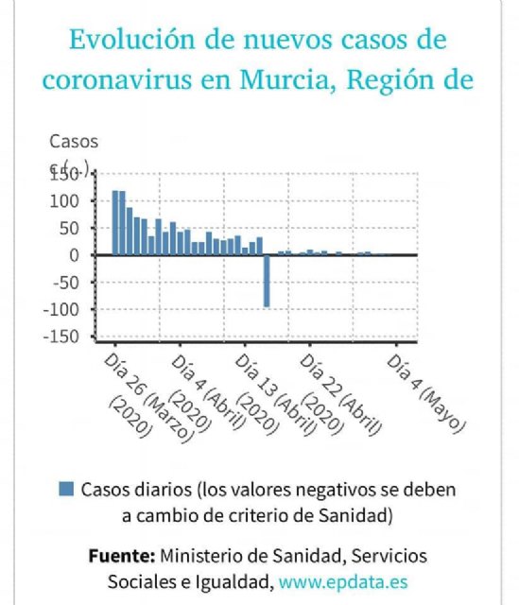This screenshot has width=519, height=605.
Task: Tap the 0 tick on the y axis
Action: pos(81,255)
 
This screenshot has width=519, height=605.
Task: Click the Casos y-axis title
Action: pos(73,142)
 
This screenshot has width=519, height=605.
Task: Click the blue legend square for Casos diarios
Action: pos(66,490)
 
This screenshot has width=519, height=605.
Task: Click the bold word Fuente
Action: pos(122,555)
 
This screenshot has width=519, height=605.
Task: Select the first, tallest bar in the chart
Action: pos(115,223)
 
